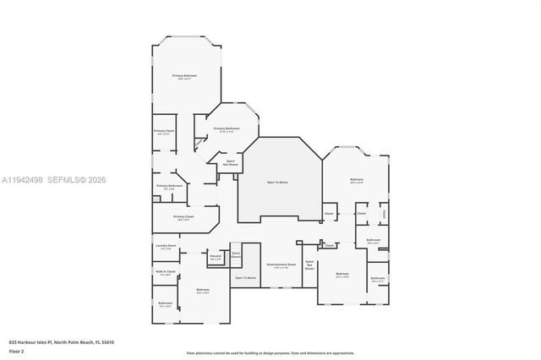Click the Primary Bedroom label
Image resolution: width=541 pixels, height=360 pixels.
184,76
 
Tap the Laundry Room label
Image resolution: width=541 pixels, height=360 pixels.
165,246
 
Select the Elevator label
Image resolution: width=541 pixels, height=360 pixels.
216,256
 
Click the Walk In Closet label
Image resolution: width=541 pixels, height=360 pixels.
165,272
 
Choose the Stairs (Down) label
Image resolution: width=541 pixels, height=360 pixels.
236,254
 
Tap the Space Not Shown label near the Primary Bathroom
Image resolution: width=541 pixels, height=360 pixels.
230,162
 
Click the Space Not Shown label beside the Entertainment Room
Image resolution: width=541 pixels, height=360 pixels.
309,265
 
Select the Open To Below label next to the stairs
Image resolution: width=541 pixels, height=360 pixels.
245,277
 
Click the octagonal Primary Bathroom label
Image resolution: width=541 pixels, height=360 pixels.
226,128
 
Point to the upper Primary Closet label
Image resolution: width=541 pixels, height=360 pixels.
164,131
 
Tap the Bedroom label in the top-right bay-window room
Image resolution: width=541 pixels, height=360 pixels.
357,180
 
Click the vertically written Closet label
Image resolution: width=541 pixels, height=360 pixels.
383,215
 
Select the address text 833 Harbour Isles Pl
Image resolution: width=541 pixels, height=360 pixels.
61,341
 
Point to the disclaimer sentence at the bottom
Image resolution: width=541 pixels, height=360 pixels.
270,352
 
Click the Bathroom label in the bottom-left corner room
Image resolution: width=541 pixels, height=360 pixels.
165,303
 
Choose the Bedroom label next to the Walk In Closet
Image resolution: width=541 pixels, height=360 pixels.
203,291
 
